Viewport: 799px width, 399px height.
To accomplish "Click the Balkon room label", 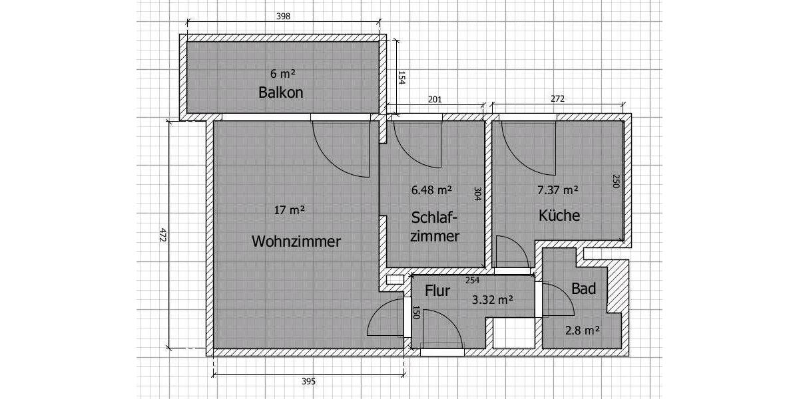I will click(280, 92).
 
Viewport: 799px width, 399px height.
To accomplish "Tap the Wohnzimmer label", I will click(296, 241).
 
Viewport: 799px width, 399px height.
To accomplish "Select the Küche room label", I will click(559, 215).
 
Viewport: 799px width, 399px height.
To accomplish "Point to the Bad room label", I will click(583, 289).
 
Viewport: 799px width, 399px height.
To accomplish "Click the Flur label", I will click(437, 291).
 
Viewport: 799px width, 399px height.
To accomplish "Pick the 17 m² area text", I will click(289, 210).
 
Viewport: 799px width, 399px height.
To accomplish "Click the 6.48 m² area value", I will click(431, 190).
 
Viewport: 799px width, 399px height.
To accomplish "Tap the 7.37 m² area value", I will click(557, 190).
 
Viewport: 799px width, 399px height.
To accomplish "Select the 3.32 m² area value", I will click(492, 300).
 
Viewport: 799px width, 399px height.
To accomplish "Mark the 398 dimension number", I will click(283, 17).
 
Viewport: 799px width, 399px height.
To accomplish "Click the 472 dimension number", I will click(162, 235).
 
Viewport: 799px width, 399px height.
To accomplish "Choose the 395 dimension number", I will click(308, 381).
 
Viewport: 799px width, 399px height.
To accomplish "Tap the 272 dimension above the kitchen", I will click(557, 99).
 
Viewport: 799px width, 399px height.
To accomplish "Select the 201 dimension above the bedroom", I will click(434, 99).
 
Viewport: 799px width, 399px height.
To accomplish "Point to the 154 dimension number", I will click(401, 78).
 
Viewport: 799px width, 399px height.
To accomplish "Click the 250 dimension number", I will click(616, 181).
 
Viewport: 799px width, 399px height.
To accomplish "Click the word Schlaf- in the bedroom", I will click(435, 217).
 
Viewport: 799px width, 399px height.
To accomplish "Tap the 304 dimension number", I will click(477, 194).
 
